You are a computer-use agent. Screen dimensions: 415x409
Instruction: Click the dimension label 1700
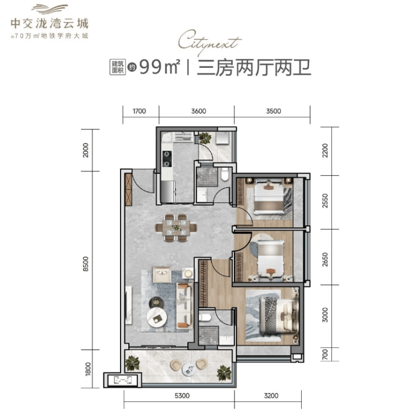[139, 111]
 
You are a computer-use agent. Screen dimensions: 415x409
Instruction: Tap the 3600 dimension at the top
[199, 111]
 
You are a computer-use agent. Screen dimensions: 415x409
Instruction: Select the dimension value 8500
[86, 264]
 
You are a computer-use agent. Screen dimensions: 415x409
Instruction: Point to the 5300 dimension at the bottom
[182, 396]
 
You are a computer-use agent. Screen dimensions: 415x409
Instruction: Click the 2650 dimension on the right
[325, 259]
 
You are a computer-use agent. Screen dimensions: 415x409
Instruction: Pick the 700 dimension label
[325, 354]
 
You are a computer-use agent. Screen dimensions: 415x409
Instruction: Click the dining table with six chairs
[176, 227]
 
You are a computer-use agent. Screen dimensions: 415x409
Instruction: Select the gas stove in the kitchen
[167, 159]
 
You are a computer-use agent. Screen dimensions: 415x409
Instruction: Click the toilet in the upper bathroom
[225, 174]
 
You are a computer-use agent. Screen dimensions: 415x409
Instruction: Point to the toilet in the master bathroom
[204, 317]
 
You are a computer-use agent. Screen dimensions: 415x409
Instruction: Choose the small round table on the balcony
[188, 369]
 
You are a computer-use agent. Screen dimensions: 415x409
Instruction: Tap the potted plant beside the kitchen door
[205, 137]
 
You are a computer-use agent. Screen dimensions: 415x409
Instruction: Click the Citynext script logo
[210, 43]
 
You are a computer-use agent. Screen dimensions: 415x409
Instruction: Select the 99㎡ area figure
[160, 67]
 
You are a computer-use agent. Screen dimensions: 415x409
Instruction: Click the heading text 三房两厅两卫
[254, 68]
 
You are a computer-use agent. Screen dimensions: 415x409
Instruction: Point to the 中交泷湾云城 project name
[49, 24]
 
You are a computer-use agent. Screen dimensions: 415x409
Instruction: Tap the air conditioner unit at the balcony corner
[123, 380]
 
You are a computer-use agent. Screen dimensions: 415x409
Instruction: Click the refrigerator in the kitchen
[168, 190]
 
